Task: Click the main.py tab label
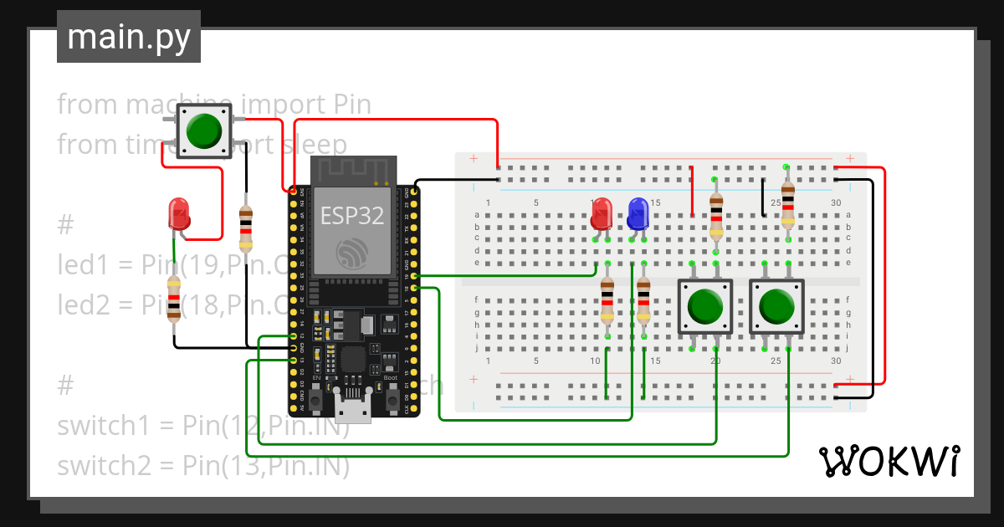pos(128,38)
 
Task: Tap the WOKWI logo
pos(888,461)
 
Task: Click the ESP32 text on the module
pos(352,216)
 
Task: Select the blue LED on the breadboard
pos(638,214)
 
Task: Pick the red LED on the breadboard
pos(601,214)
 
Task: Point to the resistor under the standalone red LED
pos(173,298)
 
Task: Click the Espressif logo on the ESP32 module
pos(352,253)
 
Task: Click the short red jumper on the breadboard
pos(692,191)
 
